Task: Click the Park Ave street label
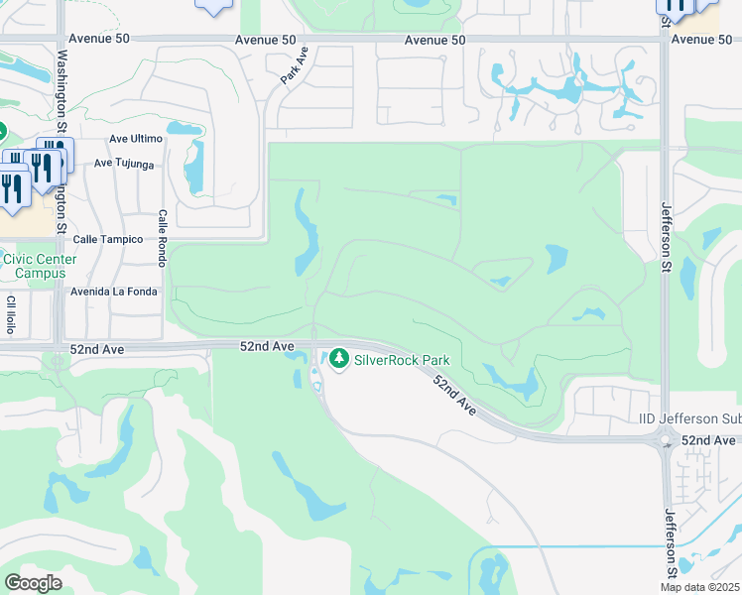click(296, 68)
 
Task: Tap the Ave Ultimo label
click(134, 139)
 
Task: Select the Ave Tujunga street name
click(125, 164)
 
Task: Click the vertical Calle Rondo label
click(162, 237)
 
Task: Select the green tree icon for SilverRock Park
click(340, 357)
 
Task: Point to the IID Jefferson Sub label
click(688, 420)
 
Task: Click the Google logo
click(33, 582)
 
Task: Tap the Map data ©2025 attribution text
click(700, 587)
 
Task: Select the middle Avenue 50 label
click(434, 40)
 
